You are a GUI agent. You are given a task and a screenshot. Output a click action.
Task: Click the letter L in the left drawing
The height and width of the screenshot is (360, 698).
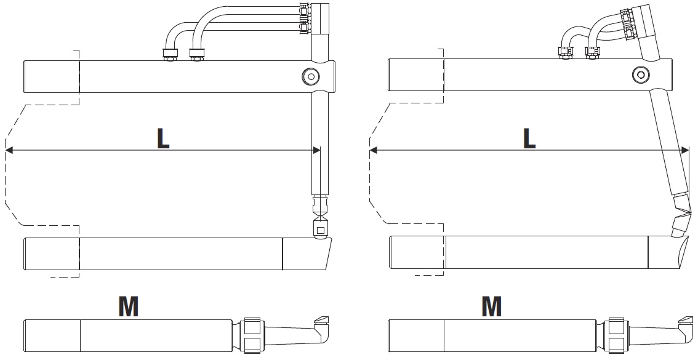(163, 138)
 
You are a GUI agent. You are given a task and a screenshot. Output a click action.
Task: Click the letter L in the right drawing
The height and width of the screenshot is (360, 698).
(529, 138)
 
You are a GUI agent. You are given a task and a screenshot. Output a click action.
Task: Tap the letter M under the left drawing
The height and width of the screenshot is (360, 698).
(128, 306)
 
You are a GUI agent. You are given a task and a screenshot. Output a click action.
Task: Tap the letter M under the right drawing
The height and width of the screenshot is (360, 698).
(491, 306)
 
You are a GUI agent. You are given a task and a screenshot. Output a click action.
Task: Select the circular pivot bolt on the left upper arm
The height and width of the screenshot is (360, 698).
(311, 76)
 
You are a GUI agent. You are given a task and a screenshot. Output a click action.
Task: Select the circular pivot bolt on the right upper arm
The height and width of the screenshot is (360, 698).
(641, 74)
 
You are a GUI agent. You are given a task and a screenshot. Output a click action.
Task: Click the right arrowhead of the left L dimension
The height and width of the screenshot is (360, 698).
(316, 150)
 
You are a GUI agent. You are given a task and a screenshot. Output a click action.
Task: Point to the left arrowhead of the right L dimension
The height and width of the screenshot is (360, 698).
(374, 150)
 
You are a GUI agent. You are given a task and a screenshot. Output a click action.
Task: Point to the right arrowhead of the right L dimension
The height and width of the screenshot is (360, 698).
(684, 150)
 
